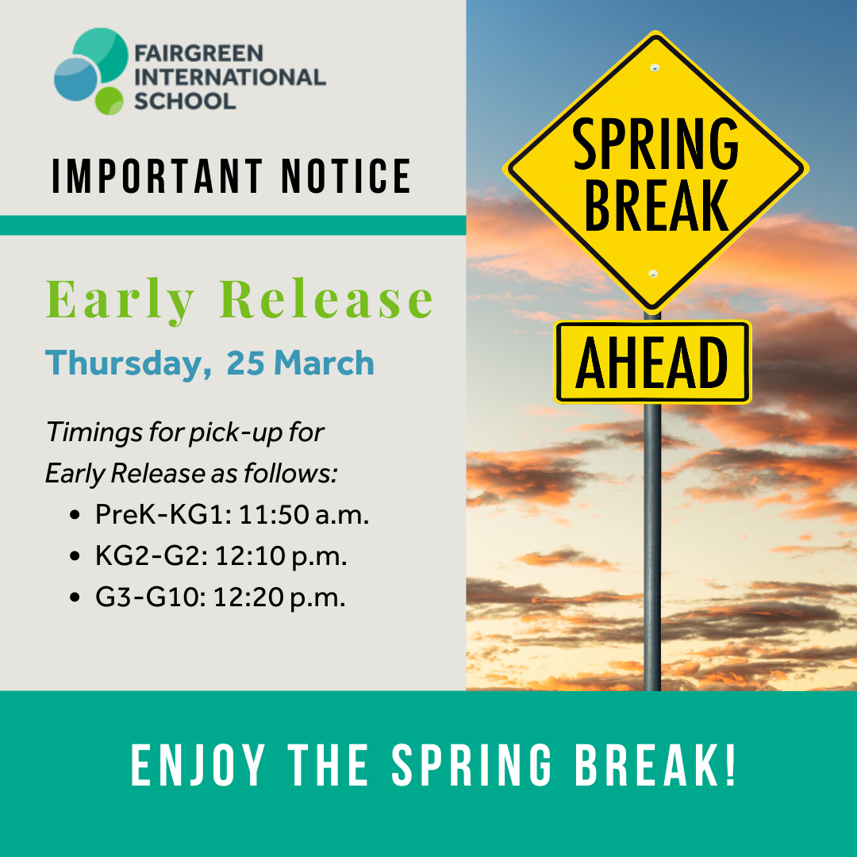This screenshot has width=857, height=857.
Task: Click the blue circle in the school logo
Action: (x=76, y=79)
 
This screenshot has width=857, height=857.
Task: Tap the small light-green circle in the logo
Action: (x=110, y=101)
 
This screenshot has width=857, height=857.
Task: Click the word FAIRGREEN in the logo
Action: (x=199, y=54)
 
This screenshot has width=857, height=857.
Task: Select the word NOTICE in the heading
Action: (x=346, y=176)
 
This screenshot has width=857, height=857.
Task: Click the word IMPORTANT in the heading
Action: (x=157, y=176)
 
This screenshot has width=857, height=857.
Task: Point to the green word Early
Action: (x=121, y=300)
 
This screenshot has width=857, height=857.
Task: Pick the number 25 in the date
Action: (x=246, y=363)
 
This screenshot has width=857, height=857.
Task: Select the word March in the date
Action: (x=324, y=363)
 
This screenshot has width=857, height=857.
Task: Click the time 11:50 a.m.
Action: (x=304, y=514)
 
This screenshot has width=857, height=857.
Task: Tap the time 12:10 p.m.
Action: (x=281, y=555)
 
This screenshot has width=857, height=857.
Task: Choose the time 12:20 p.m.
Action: (x=279, y=597)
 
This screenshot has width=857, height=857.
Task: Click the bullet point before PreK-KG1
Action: (x=75, y=515)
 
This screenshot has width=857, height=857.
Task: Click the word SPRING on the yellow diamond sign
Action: (x=655, y=144)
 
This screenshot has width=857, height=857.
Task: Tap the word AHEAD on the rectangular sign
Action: (x=652, y=363)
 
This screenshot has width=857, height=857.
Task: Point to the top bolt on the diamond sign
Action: (x=654, y=67)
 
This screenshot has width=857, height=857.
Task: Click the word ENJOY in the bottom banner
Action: (x=198, y=765)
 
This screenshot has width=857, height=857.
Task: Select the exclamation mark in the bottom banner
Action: (x=730, y=765)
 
